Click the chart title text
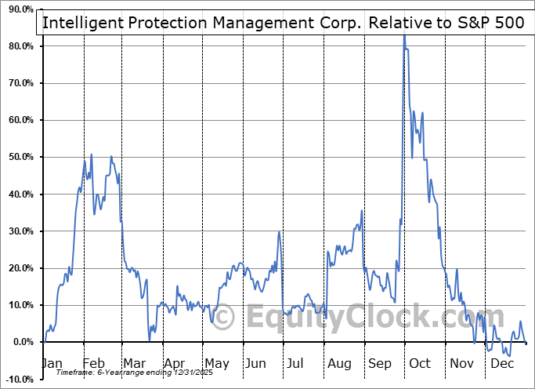(x=282, y=22)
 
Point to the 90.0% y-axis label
(x=19, y=9)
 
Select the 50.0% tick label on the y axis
(x=19, y=158)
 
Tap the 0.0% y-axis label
(x=21, y=343)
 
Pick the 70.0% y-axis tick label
(x=19, y=84)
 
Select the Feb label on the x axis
(x=93, y=363)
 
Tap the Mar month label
(x=134, y=363)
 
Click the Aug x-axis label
(x=338, y=363)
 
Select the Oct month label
(x=420, y=363)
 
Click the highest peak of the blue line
(x=404, y=35)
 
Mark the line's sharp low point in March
(x=150, y=340)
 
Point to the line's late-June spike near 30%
(x=279, y=231)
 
